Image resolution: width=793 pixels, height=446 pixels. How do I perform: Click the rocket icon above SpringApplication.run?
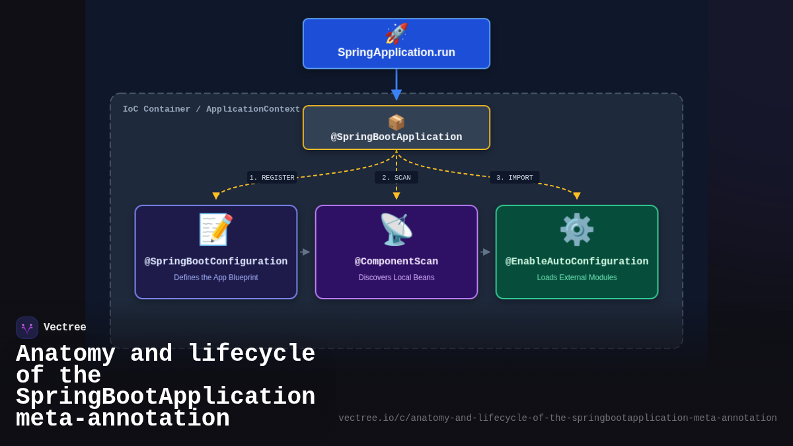tap(397, 34)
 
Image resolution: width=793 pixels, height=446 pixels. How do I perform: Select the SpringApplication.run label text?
tap(397, 53)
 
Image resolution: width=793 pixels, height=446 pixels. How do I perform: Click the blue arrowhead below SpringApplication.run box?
tap(397, 94)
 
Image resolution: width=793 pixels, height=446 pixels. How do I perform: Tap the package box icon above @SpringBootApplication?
tap(397, 123)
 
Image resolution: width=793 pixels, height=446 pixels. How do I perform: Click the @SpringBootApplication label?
tap(397, 137)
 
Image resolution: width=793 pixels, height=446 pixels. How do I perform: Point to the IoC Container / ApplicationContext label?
tap(211, 110)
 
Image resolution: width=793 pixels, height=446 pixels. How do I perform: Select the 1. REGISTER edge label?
tap(272, 178)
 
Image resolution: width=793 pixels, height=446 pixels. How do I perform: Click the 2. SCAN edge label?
tap(397, 178)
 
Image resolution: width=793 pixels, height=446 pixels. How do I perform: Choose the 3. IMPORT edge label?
tap(515, 178)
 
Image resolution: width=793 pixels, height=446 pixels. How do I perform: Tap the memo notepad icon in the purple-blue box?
tap(216, 229)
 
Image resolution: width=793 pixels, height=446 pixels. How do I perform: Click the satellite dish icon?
tap(397, 229)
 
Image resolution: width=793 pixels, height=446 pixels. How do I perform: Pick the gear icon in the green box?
tap(577, 229)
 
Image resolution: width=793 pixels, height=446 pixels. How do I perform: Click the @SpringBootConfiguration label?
tap(216, 262)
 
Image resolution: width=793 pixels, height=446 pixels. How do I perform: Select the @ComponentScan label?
tap(397, 262)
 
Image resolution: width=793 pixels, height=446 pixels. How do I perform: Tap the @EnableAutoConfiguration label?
tap(577, 262)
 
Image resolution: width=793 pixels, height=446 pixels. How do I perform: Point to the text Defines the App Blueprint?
tap(216, 278)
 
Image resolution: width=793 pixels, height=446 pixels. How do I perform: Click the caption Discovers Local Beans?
tap(397, 278)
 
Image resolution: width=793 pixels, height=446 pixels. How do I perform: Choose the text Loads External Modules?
tap(577, 278)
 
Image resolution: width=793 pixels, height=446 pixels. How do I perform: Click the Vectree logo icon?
tap(27, 328)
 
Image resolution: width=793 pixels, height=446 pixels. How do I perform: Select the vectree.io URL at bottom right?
tap(558, 418)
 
